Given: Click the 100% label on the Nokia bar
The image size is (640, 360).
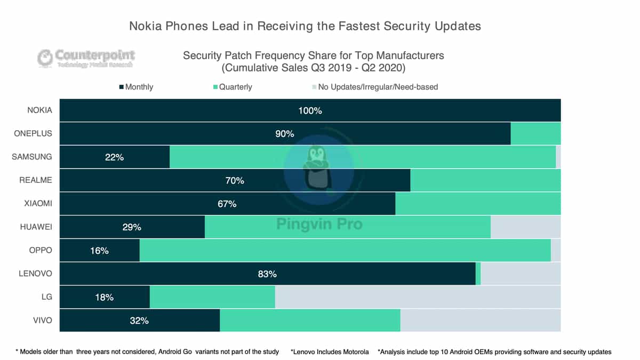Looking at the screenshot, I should coord(310,111).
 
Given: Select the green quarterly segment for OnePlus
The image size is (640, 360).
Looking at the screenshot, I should coord(535,134).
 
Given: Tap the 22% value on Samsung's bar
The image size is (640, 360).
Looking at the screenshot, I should coord(114,157).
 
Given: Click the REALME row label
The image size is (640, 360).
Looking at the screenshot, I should coord(36,180).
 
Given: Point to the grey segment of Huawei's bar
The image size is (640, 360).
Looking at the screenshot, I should coord(525,227).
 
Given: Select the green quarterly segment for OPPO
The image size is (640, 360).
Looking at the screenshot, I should coord(345,251).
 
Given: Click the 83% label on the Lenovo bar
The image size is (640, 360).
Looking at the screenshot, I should coord(267,274).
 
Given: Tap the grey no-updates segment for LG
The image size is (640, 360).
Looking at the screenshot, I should coord(418,297).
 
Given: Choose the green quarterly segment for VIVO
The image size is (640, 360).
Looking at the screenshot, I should coord(310,321).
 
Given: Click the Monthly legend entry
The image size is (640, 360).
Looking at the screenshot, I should coord(136,87).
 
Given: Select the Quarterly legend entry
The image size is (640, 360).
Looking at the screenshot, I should coord(233,87).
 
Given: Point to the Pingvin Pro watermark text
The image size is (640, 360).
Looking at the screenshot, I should coord(319,224).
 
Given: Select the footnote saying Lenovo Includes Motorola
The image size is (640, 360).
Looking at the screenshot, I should coord(330,351).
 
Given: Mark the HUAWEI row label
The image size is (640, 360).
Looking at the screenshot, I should coord(35,227).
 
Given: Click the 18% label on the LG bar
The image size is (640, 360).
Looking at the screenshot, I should coord(104,297).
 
